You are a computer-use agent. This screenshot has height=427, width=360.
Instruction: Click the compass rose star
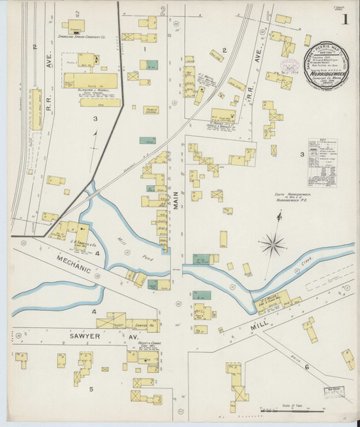point(272,246)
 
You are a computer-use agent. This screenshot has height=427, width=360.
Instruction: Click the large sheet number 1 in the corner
point(344,21)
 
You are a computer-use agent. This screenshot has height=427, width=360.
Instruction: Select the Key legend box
point(324,162)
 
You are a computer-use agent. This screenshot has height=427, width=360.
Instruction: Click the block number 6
point(307,367)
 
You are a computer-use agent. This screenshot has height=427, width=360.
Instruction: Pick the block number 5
point(91,389)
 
